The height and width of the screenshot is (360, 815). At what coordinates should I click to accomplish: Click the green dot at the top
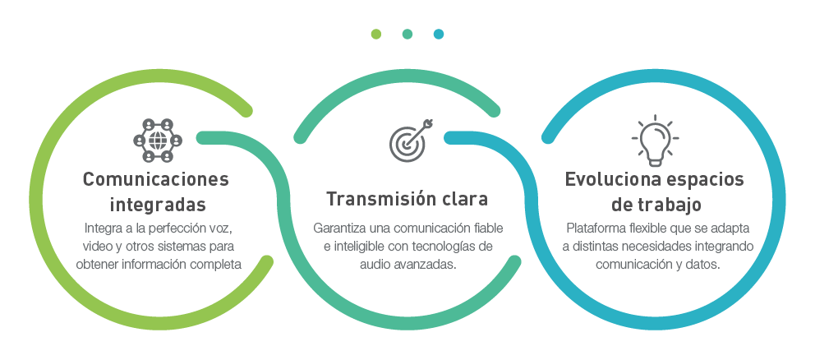pyautogui.click(x=375, y=34)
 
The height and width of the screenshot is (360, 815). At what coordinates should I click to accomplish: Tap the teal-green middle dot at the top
pyautogui.click(x=407, y=34)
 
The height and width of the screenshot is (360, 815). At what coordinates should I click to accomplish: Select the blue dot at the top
pyautogui.click(x=439, y=34)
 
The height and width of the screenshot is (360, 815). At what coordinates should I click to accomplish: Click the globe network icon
pyautogui.click(x=156, y=140)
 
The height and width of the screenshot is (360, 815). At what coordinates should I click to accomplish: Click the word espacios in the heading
pyautogui.click(x=706, y=180)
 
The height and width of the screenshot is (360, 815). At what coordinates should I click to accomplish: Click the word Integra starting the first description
pyautogui.click(x=101, y=228)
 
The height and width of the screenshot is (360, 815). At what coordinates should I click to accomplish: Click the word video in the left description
pyautogui.click(x=97, y=246)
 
